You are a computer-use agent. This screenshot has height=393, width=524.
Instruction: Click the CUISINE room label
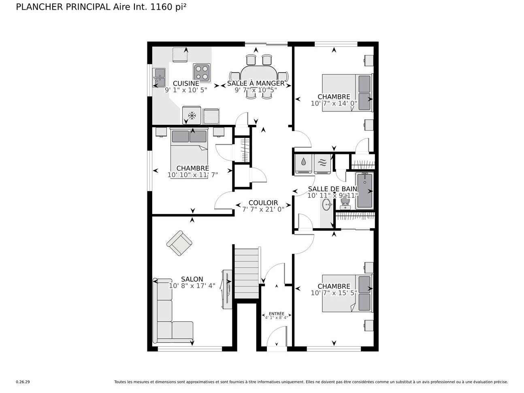tap(186, 83)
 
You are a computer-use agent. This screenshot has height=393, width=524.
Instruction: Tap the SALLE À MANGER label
tap(256, 83)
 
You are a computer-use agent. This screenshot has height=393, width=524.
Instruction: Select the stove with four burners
tap(202, 72)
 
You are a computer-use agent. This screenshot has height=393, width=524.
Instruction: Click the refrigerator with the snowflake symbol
tap(192, 116)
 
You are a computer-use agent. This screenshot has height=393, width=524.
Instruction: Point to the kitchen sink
tap(158, 77)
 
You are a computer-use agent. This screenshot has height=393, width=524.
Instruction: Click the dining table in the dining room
tap(259, 76)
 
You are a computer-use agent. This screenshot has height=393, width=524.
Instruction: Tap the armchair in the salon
tap(179, 243)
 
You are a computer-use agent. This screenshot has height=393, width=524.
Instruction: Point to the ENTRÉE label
tap(276, 314)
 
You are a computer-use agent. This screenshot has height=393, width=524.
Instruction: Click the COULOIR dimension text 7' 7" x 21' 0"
tap(263, 209)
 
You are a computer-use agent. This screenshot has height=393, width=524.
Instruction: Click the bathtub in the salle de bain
tap(364, 190)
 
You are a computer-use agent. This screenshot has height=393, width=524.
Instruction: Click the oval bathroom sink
tap(326, 205)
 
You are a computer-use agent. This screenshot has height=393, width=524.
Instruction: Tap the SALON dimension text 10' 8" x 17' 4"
tap(192, 286)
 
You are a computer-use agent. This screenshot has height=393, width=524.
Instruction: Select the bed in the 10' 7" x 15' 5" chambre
tap(347, 293)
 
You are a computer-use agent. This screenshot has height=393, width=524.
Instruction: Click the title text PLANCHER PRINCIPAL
tap(63, 7)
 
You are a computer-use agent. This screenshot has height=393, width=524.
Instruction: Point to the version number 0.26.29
tap(23, 382)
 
